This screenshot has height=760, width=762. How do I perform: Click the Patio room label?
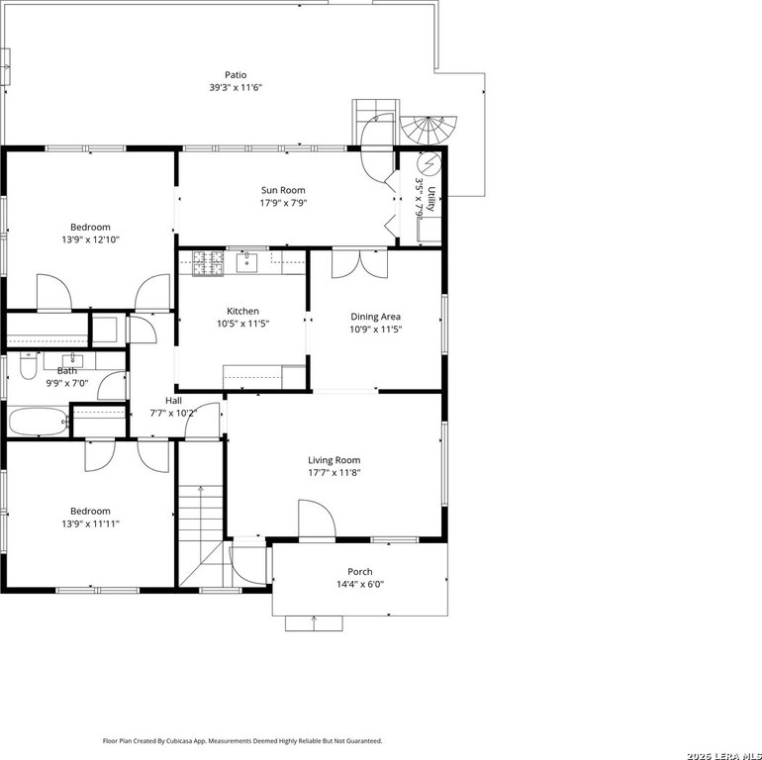pyautogui.click(x=236, y=75)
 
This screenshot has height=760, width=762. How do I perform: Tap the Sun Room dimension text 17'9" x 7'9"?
pyautogui.click(x=283, y=203)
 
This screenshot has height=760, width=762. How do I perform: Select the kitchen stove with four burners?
pyautogui.click(x=208, y=263)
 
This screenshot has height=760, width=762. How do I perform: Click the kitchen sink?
pyautogui.click(x=246, y=262)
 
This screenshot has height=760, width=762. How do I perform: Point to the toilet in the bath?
pyautogui.click(x=29, y=365)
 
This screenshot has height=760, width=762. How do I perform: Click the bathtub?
pyautogui.click(x=39, y=422)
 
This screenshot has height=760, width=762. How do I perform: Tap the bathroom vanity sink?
pyautogui.click(x=73, y=360)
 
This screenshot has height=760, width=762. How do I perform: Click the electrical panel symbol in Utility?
pyautogui.click(x=429, y=164)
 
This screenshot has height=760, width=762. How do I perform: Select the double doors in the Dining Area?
pyautogui.click(x=359, y=264)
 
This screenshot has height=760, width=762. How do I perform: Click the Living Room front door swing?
pyautogui.click(x=317, y=519)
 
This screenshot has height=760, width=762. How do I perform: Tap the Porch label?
pyautogui.click(x=360, y=571)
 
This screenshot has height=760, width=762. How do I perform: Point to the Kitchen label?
pyautogui.click(x=243, y=311)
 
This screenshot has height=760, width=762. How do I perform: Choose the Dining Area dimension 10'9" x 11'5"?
pyautogui.click(x=376, y=330)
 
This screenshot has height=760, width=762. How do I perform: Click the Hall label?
pyautogui.click(x=173, y=401)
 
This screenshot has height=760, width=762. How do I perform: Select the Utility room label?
pyautogui.click(x=431, y=199)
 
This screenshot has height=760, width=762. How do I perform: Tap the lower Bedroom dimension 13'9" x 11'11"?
pyautogui.click(x=90, y=523)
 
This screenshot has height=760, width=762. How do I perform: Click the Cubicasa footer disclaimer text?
pyautogui.click(x=242, y=741)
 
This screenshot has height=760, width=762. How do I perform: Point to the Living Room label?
pyautogui.click(x=334, y=460)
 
